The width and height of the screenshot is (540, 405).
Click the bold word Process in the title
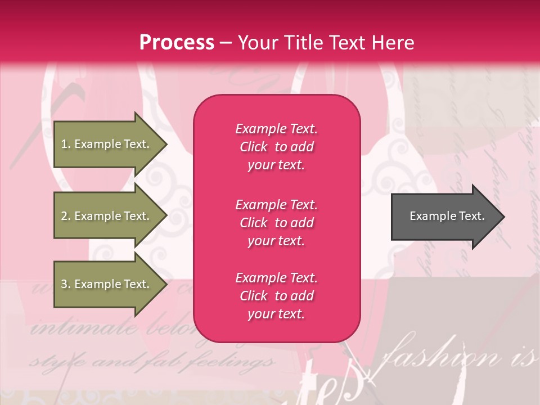(177, 43)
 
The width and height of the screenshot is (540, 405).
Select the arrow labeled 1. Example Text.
(106, 144)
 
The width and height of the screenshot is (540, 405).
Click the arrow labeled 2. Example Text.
(106, 216)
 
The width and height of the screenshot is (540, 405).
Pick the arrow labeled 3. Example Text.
(106, 284)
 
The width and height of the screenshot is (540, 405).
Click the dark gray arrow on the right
(444, 216)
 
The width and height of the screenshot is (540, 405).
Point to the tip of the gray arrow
(503, 217)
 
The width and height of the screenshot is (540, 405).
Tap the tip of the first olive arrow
(166, 144)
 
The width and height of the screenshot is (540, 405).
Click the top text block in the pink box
(276, 147)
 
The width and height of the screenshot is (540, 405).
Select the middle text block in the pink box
(276, 223)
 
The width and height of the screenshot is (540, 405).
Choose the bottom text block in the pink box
(276, 296)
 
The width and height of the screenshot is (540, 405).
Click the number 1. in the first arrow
(65, 144)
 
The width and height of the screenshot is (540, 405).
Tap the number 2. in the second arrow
(65, 216)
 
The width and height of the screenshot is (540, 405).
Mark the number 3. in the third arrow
(65, 284)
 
